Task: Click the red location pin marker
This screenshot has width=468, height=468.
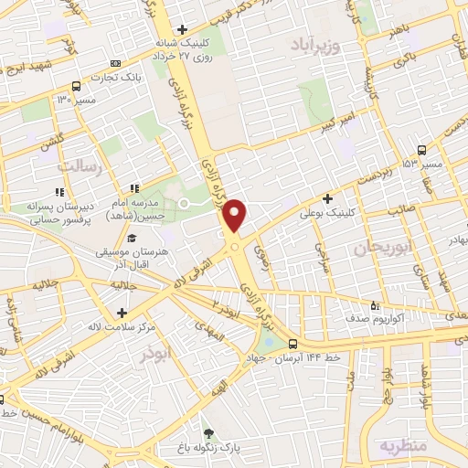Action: pyautogui.click(x=235, y=216)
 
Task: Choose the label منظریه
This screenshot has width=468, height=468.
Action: pyautogui.click(x=403, y=445)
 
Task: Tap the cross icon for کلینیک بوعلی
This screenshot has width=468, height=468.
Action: pyautogui.click(x=327, y=198)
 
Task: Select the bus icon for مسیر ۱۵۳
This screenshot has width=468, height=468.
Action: pyautogui.click(x=421, y=150)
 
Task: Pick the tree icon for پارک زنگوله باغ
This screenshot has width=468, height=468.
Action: pyautogui.click(x=209, y=432)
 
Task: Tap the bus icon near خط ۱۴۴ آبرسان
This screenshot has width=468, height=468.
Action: pyautogui.click(x=292, y=345)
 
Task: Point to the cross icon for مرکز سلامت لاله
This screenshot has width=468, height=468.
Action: pyautogui.click(x=122, y=300)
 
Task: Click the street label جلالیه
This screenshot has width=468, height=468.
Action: pyautogui.click(x=47, y=284)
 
